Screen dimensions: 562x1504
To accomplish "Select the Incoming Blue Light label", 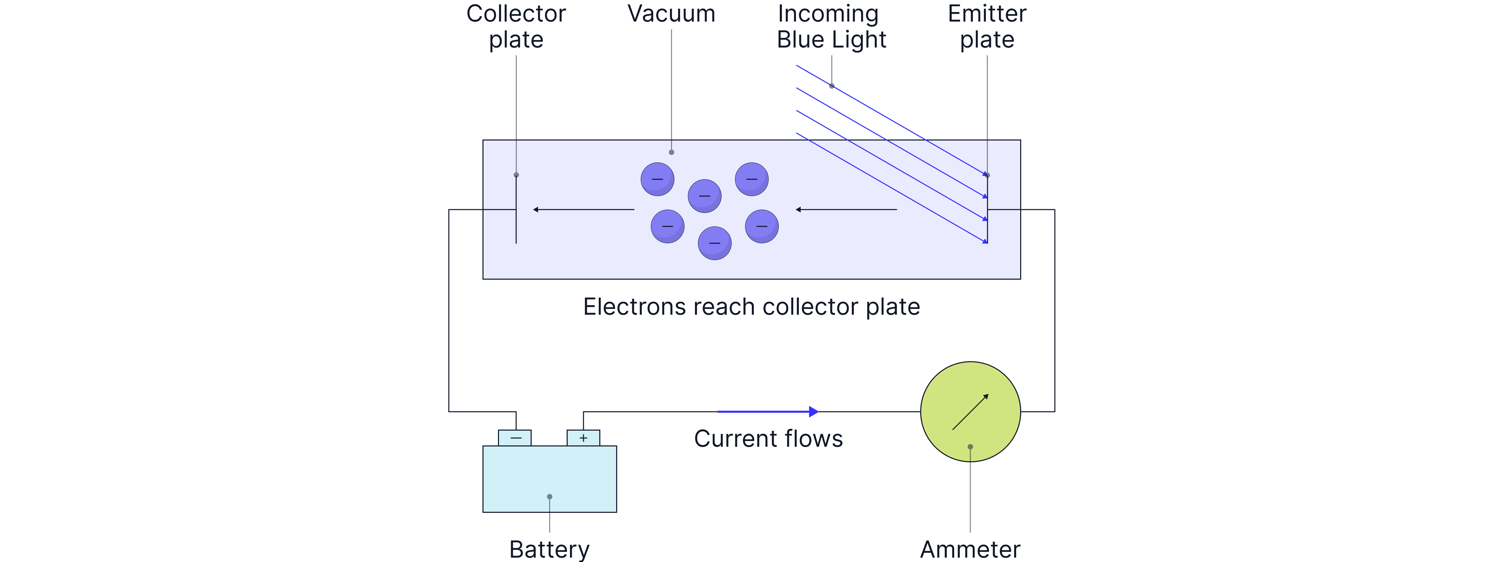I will pyautogui.click(x=831, y=26).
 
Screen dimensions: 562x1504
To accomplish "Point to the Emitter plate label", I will pyautogui.click(x=987, y=26).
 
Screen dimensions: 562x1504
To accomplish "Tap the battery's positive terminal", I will pyautogui.click(x=583, y=438).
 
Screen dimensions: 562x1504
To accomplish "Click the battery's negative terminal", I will pyautogui.click(x=514, y=438).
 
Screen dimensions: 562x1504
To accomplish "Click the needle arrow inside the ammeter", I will pyautogui.click(x=970, y=412).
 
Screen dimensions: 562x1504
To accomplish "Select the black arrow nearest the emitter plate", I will pyautogui.click(x=846, y=209).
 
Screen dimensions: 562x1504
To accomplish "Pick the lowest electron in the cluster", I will pyautogui.click(x=715, y=243).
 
